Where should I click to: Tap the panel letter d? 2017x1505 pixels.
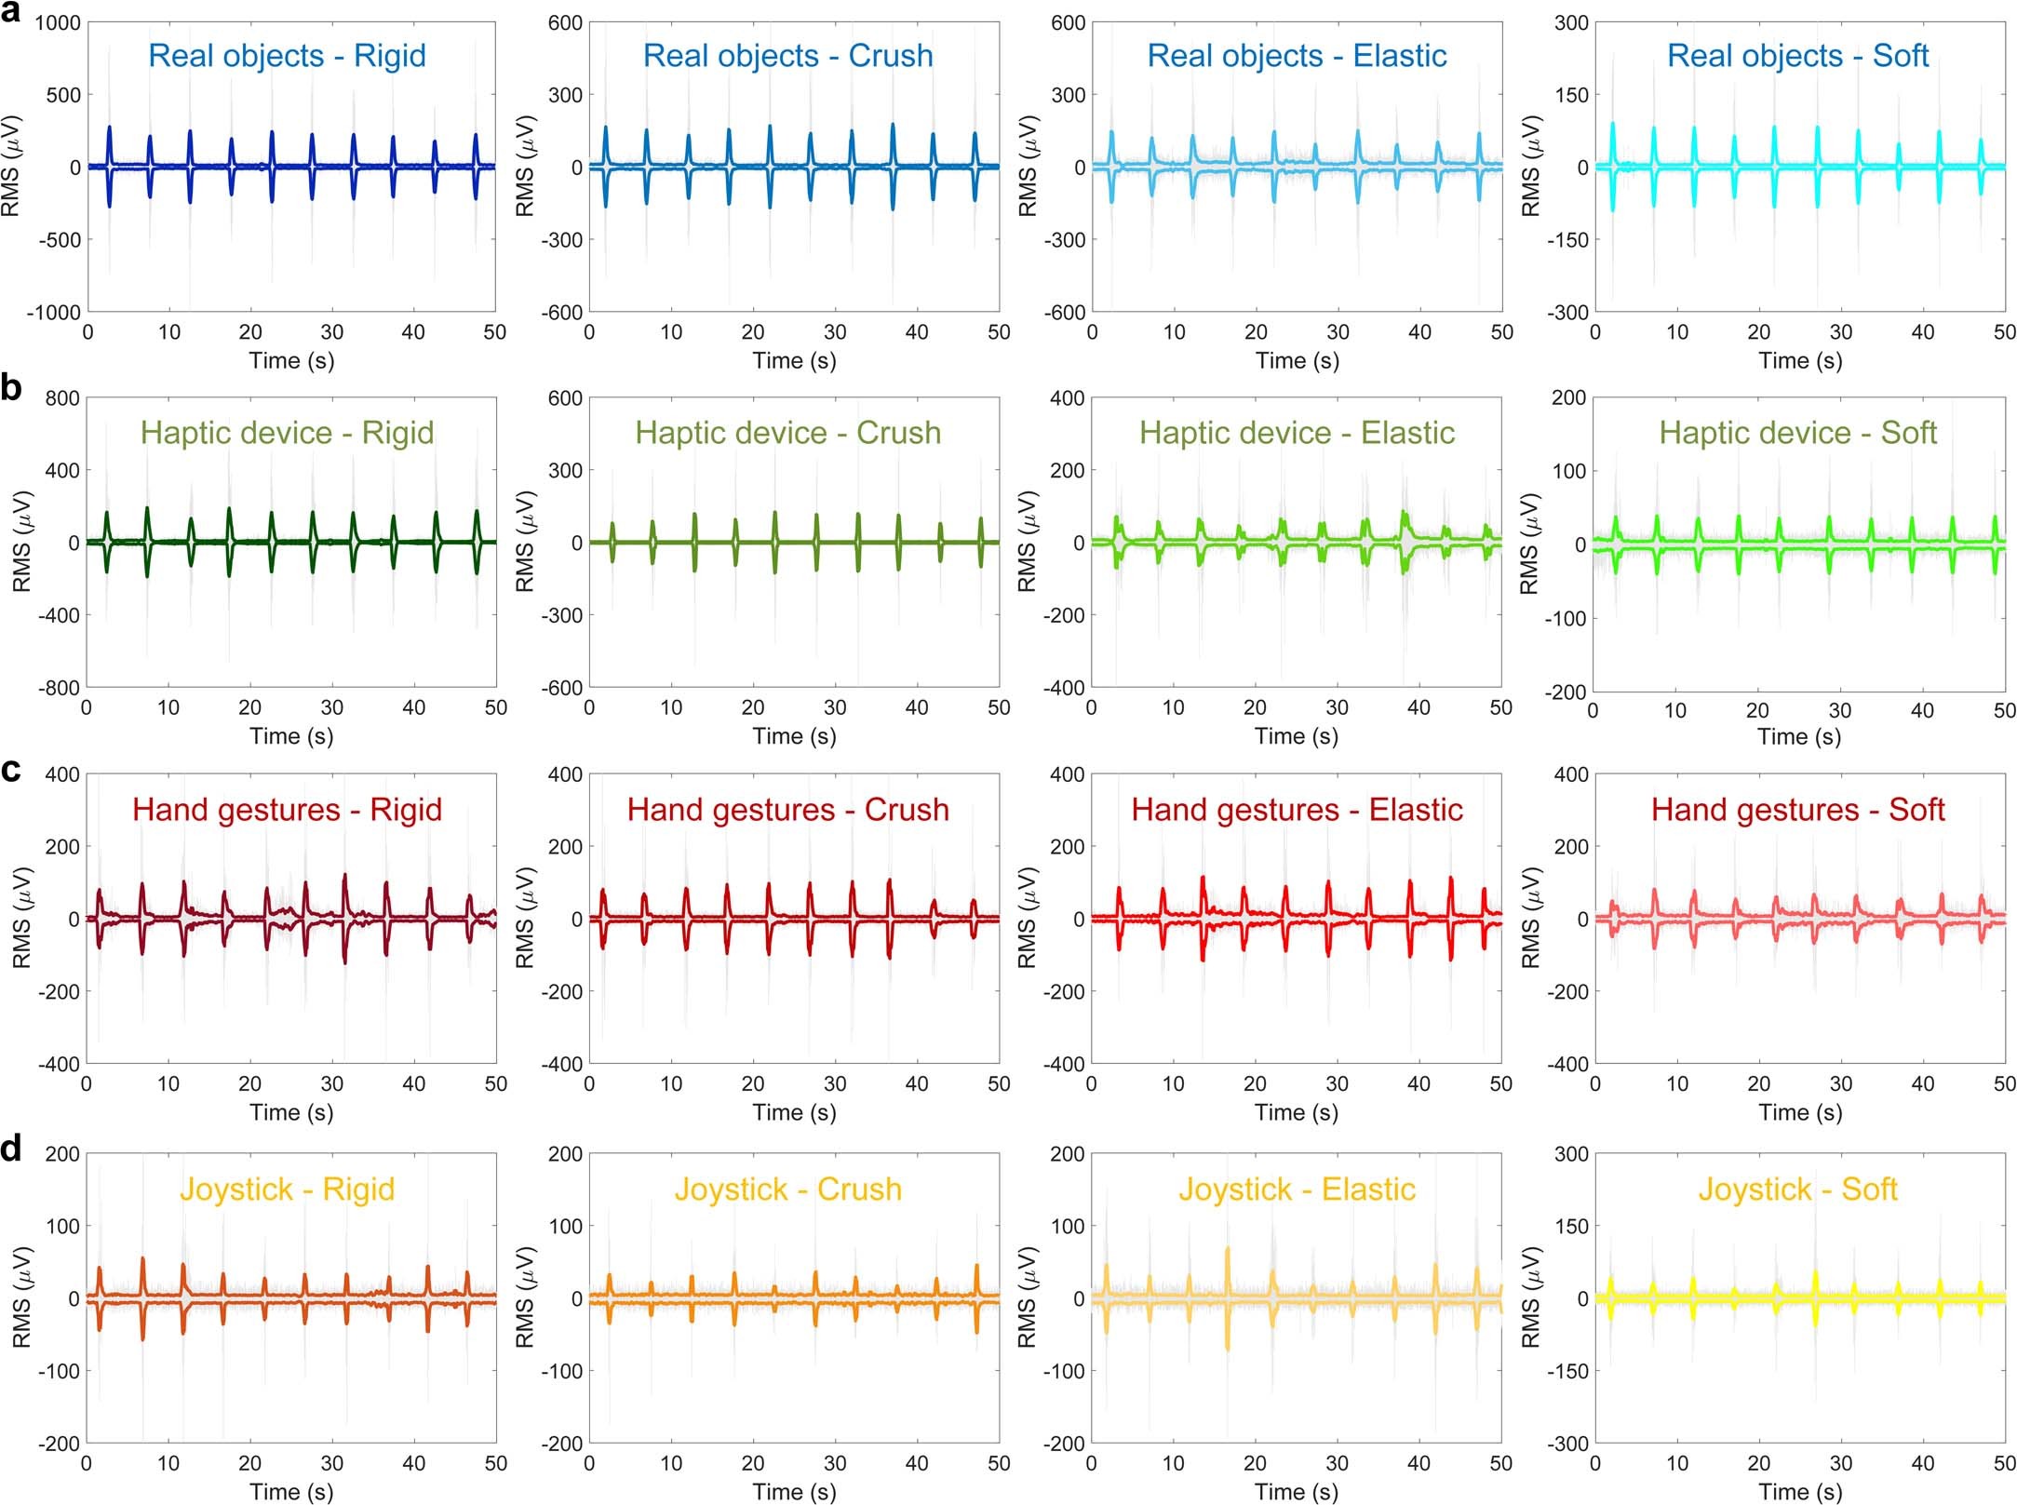click(x=12, y=1149)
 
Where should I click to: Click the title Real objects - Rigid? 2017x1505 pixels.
click(x=287, y=56)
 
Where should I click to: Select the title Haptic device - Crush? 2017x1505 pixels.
click(x=787, y=433)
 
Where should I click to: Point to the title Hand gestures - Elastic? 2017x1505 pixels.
click(x=1297, y=810)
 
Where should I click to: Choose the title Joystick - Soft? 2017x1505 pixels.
click(x=1797, y=1189)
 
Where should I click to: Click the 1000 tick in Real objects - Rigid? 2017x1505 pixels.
click(x=58, y=23)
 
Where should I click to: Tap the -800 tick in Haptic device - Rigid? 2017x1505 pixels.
click(x=58, y=688)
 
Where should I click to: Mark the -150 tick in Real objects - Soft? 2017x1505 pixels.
click(x=1567, y=240)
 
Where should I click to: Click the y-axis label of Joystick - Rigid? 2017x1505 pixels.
click(x=22, y=1297)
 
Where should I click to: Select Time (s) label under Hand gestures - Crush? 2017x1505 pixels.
click(x=794, y=1112)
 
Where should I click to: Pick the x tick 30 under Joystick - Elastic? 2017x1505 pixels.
click(x=1337, y=1463)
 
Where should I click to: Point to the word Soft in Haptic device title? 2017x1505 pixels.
click(x=1908, y=433)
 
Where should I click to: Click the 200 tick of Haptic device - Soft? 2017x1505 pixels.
click(x=1568, y=398)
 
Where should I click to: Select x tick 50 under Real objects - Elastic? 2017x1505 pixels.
click(x=1501, y=332)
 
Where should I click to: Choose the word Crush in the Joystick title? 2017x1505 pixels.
click(x=859, y=1189)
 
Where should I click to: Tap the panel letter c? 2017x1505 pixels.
click(x=11, y=771)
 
